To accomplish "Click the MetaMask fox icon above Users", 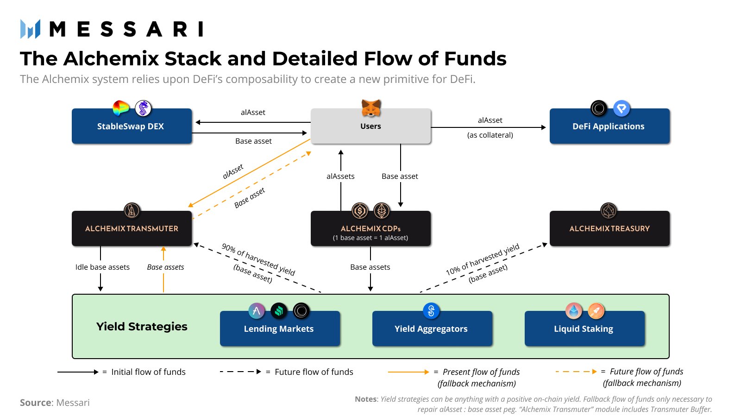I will coord(371,108).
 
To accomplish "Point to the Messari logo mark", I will coord(30,29).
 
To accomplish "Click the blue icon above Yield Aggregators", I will coord(431,311).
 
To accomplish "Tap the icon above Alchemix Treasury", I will coord(608,211).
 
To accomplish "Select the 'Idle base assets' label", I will coord(102,267).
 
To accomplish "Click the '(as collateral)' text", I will coord(490,135).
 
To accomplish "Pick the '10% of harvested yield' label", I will coord(482,259).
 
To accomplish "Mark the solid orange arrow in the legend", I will coord(408,372).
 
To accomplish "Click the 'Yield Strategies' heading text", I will coord(142,327).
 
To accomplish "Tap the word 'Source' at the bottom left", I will coord(35,403).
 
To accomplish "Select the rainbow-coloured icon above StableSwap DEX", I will coord(121,108).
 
